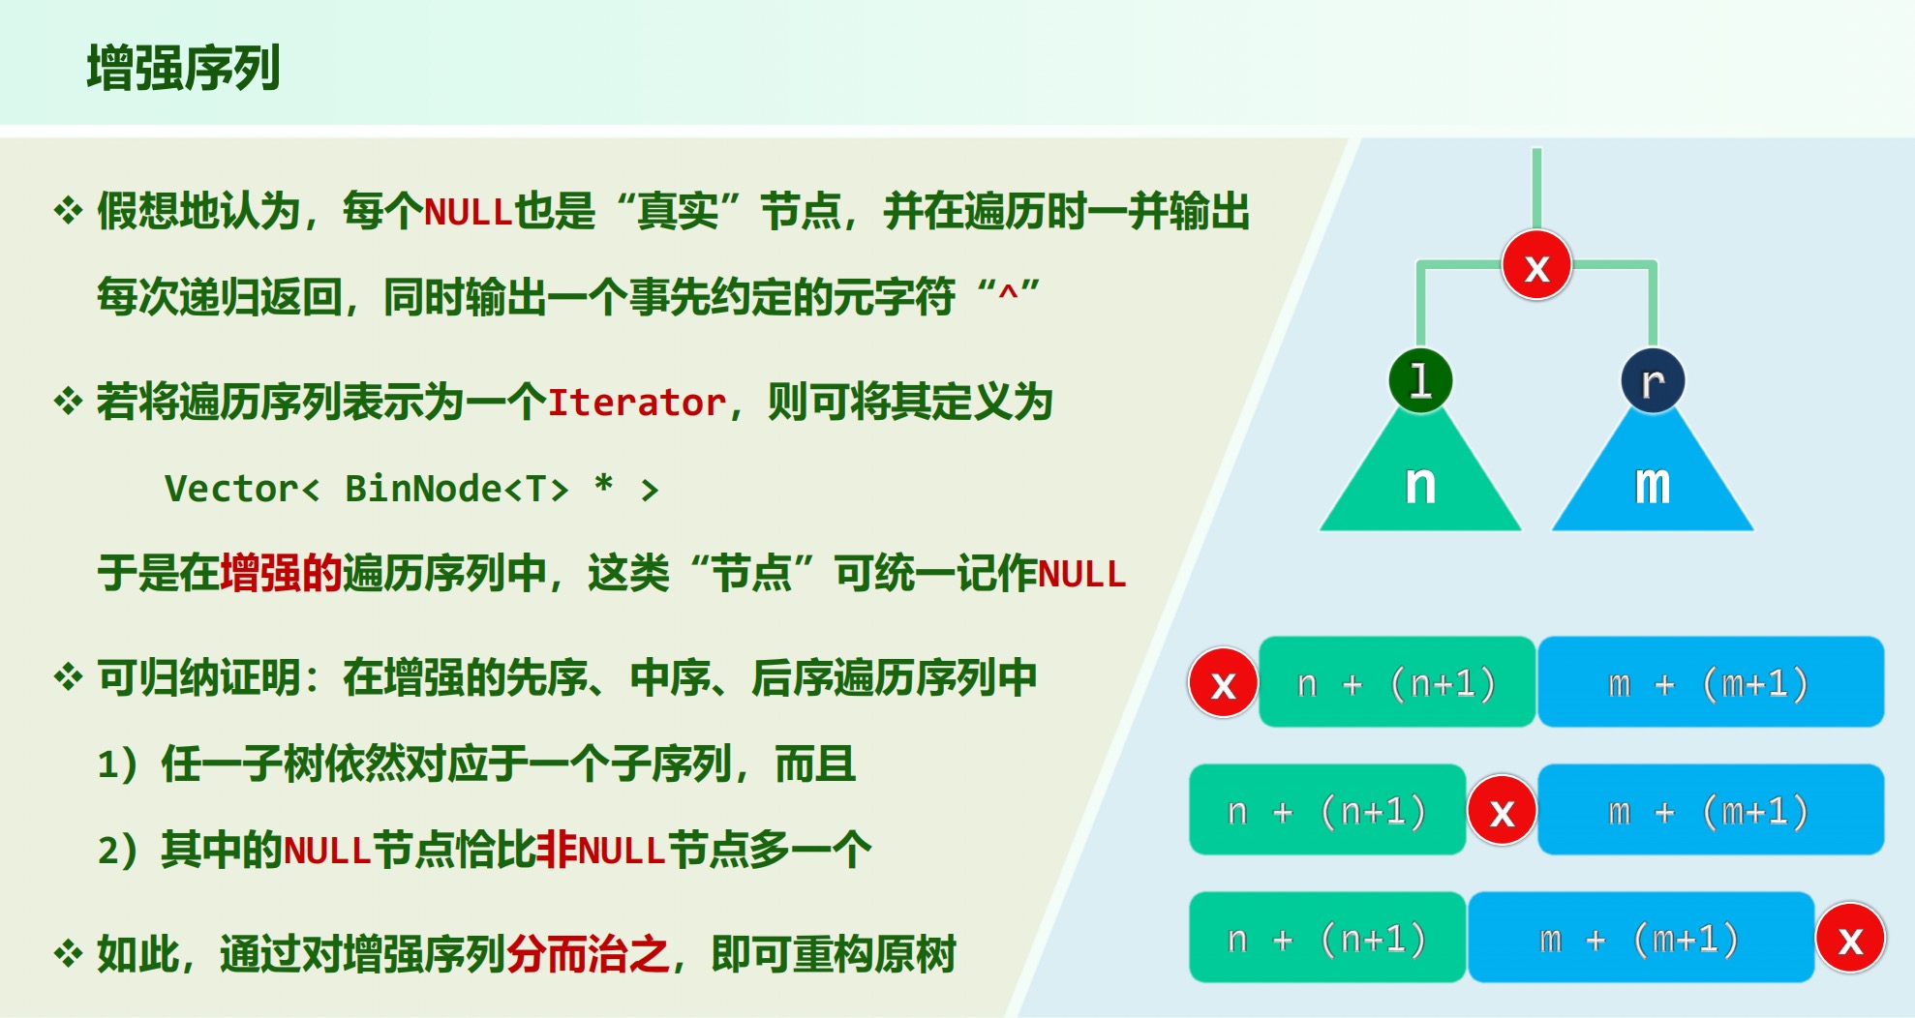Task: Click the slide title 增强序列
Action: [x=183, y=68]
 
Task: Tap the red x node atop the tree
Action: [x=1536, y=265]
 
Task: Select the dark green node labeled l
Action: [x=1420, y=380]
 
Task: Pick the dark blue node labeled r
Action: [x=1653, y=381]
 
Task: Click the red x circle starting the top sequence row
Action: [x=1224, y=683]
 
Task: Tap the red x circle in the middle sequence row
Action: [x=1502, y=811]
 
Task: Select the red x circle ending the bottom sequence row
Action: [x=1850, y=939]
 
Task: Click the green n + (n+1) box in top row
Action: [x=1397, y=682]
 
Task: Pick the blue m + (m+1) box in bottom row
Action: [x=1641, y=938]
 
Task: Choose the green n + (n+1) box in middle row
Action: [x=1327, y=810]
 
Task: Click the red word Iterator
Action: [x=637, y=402]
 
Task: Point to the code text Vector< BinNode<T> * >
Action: [x=411, y=488]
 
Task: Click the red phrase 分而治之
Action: [x=588, y=954]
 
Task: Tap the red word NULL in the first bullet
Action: [x=468, y=212]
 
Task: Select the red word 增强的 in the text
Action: [x=281, y=573]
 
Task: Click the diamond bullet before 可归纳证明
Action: [x=68, y=676]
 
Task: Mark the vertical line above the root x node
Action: [x=1536, y=190]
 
